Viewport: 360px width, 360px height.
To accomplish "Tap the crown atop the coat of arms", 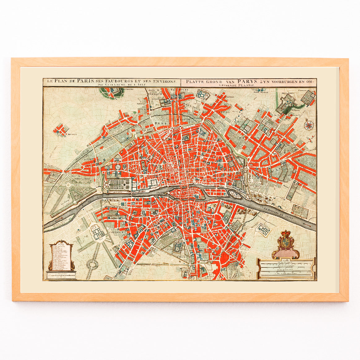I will coord(284,233).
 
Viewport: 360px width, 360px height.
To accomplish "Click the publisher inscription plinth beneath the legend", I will coord(61,275).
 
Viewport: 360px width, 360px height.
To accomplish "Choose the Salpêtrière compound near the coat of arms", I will coord(263,229).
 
